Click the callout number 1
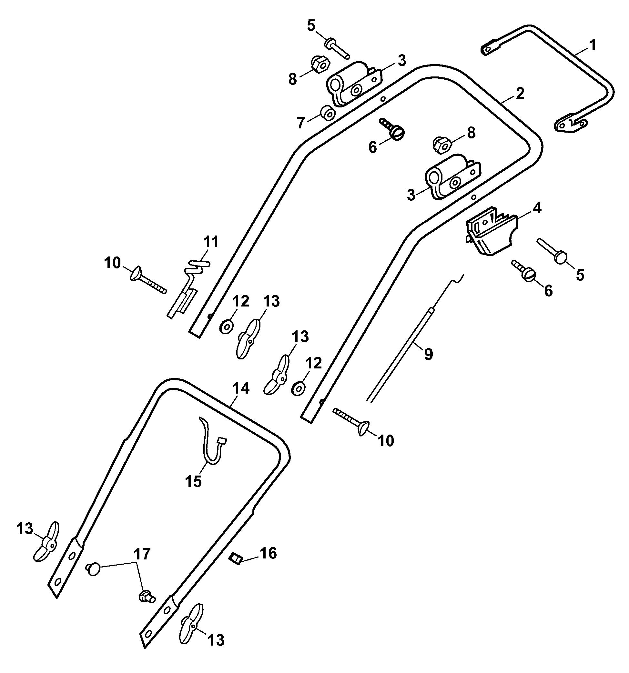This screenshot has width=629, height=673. coord(592,45)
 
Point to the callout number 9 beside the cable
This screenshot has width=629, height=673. coord(428,354)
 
